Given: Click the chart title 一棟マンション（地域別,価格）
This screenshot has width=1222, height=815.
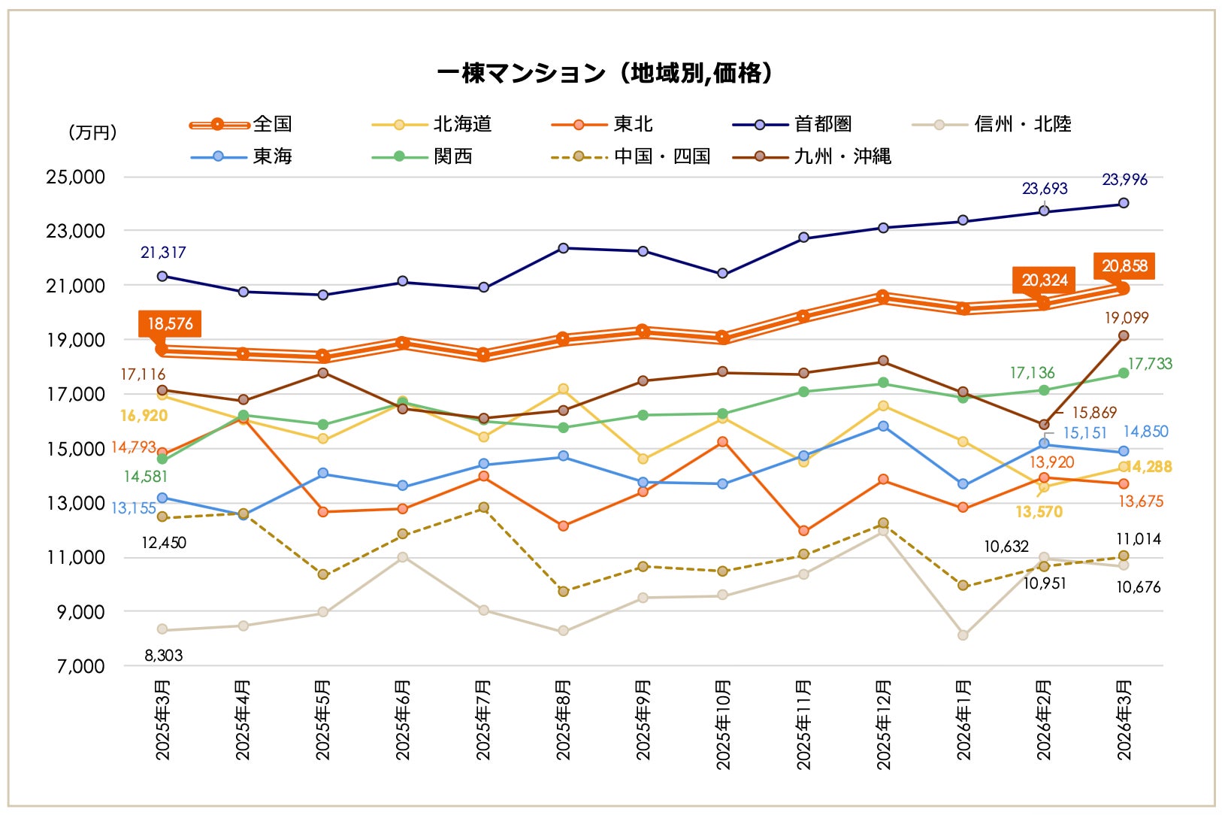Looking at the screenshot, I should [x=605, y=73].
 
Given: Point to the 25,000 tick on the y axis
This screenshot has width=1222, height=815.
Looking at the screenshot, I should [x=75, y=177].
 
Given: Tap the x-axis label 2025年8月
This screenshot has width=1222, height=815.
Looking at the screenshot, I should [x=563, y=720].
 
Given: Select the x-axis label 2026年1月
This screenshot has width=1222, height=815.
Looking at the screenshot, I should [x=963, y=720].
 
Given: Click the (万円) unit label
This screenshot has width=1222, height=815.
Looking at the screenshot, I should [x=93, y=132].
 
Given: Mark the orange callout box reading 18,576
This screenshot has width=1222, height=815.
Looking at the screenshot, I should [x=170, y=324].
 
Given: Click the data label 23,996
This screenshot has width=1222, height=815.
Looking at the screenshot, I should [x=1124, y=180].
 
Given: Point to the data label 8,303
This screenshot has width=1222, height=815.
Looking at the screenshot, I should [x=163, y=656].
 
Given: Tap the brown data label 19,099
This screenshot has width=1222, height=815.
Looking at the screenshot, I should [x=1126, y=318].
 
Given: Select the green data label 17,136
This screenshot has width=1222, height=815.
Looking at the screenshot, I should [x=1032, y=373].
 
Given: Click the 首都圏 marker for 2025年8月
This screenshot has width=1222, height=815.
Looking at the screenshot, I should [x=563, y=248].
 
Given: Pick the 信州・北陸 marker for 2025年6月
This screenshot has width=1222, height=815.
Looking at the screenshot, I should [x=403, y=557].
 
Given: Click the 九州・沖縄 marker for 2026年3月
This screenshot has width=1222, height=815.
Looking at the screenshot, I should [x=1124, y=335].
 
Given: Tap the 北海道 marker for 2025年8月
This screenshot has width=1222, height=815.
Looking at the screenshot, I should [x=563, y=389].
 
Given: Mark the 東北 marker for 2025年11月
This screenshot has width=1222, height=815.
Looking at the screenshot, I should [x=803, y=531].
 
